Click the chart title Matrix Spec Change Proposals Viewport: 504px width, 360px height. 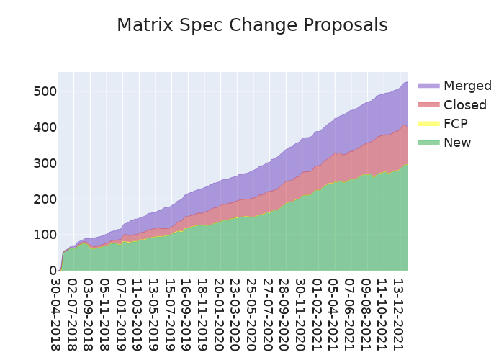252,25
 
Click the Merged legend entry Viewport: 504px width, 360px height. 467,86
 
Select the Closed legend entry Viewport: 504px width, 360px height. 464,105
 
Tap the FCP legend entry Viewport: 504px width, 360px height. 456,124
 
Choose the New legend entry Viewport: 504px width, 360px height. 457,143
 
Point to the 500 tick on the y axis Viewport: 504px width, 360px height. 44,91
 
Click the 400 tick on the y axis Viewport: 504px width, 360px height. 44,127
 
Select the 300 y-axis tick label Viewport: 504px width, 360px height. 44,163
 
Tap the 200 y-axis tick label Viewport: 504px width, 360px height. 44,199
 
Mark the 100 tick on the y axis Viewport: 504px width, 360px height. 44,235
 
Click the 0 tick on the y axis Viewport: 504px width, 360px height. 52,271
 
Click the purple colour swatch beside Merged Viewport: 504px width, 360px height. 428,86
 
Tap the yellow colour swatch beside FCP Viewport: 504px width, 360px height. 428,124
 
